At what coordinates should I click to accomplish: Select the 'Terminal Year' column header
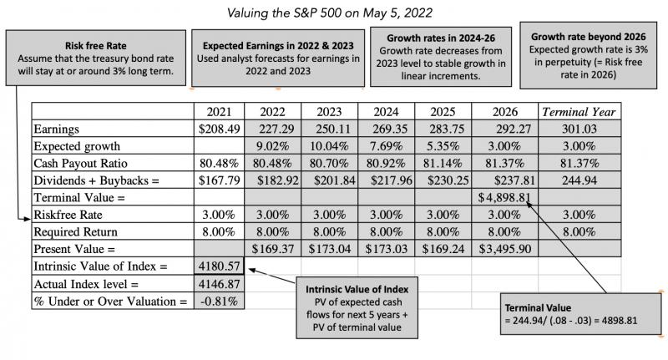click(x=579, y=111)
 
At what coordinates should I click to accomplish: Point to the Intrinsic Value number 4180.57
click(x=220, y=266)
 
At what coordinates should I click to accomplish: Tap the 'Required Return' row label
click(x=75, y=231)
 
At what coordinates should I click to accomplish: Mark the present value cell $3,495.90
click(x=504, y=248)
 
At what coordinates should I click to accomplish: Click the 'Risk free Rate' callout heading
click(x=95, y=46)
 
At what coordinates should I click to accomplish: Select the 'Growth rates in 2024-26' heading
click(x=438, y=38)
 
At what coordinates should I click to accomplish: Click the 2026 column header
click(x=505, y=111)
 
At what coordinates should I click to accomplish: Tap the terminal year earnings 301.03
click(x=578, y=129)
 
